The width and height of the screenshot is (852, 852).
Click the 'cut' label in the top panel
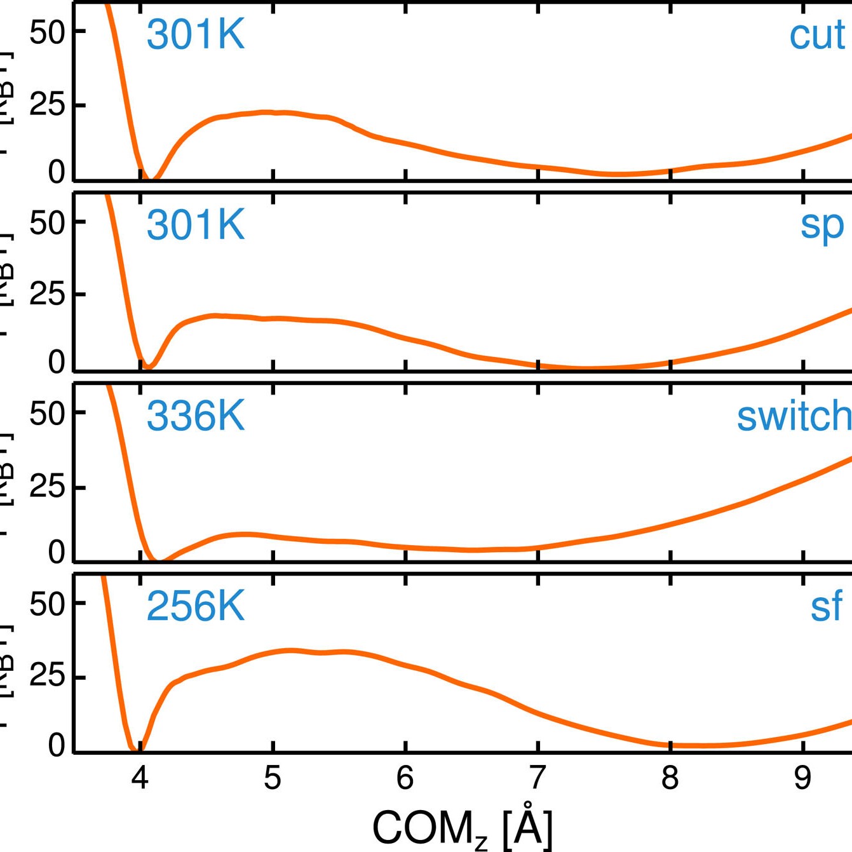pyautogui.click(x=817, y=36)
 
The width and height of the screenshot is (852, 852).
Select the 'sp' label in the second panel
pyautogui.click(x=822, y=225)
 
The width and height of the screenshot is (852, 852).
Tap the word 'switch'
pyautogui.click(x=794, y=416)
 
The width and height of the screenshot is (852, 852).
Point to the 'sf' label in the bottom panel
pyautogui.click(x=826, y=606)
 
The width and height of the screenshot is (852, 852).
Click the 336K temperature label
pyautogui.click(x=195, y=416)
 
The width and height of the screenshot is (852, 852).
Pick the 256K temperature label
pyautogui.click(x=195, y=606)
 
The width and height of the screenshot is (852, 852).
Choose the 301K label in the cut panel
pyautogui.click(x=195, y=34)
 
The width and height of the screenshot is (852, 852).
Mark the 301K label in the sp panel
pyautogui.click(x=195, y=225)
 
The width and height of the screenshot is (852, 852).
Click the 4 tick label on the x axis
pyautogui.click(x=140, y=778)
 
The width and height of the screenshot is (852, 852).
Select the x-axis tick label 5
pyautogui.click(x=273, y=778)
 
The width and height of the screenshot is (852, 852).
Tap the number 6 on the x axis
pyautogui.click(x=405, y=778)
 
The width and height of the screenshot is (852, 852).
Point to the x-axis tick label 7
pyautogui.click(x=538, y=778)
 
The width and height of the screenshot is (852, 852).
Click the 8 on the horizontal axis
pyautogui.click(x=670, y=778)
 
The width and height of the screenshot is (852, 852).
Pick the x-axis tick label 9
pyautogui.click(x=803, y=778)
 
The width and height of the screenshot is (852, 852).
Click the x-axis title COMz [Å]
pyautogui.click(x=463, y=828)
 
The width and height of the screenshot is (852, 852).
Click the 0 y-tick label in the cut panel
pyautogui.click(x=57, y=172)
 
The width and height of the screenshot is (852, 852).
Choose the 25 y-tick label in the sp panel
pyautogui.click(x=48, y=295)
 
